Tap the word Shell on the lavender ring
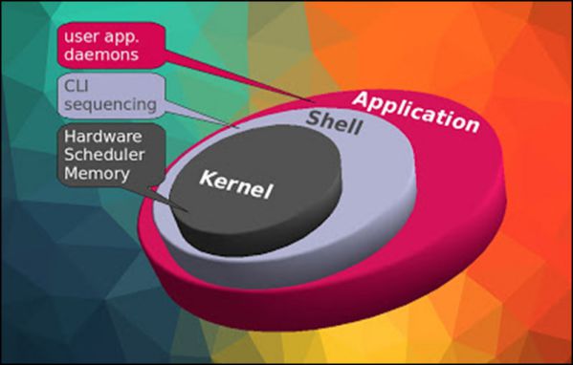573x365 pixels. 334,122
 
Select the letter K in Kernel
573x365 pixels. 206,179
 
